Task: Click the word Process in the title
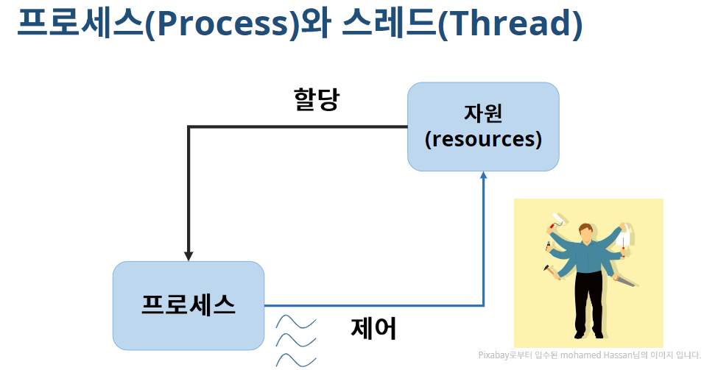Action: pyautogui.click(x=221, y=24)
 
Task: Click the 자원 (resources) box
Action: pyautogui.click(x=483, y=127)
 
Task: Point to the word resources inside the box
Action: pyautogui.click(x=484, y=139)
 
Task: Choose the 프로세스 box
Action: pyautogui.click(x=189, y=305)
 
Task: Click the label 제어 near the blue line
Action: pyautogui.click(x=374, y=328)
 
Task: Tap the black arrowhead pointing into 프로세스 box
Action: pyautogui.click(x=189, y=255)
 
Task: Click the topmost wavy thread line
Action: pyautogui.click(x=296, y=322)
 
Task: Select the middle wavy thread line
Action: pyautogui.click(x=296, y=341)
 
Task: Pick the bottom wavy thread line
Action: pyautogui.click(x=296, y=360)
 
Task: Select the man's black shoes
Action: pyautogui.click(x=589, y=335)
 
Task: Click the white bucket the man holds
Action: pyautogui.click(x=627, y=239)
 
